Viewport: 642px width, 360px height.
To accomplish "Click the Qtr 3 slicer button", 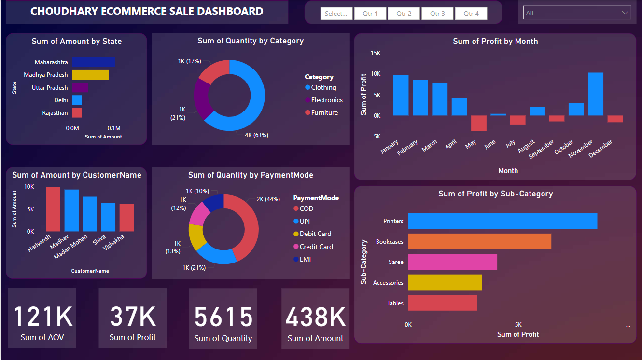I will pyautogui.click(x=437, y=14).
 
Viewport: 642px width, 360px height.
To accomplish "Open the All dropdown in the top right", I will pyautogui.click(x=577, y=13).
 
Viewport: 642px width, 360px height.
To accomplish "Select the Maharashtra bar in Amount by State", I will pyautogui.click(x=93, y=62).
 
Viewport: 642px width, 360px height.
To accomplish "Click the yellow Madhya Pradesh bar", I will pyautogui.click(x=90, y=75).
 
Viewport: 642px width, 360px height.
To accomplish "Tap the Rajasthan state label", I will pyautogui.click(x=55, y=113).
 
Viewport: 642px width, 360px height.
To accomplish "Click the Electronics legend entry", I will pyautogui.click(x=327, y=100).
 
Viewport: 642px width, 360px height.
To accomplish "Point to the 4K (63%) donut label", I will pyautogui.click(x=256, y=135).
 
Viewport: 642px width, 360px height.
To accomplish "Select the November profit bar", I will pyautogui.click(x=595, y=94).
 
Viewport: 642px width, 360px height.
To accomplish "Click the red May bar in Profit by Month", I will pyautogui.click(x=478, y=123).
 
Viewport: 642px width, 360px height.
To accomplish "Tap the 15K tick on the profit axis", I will pyautogui.click(x=375, y=53).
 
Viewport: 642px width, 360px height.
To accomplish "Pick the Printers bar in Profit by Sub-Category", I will pyautogui.click(x=502, y=221).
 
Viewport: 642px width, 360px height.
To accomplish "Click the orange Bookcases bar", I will pyautogui.click(x=479, y=242).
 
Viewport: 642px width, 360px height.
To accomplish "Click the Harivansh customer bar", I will pyautogui.click(x=53, y=209).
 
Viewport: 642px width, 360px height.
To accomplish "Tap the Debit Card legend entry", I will pyautogui.click(x=315, y=234).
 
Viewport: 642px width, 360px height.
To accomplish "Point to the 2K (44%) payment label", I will pyautogui.click(x=268, y=199).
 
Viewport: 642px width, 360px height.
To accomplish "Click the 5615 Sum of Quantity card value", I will pyautogui.click(x=223, y=318).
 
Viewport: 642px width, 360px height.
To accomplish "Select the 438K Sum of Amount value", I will pyautogui.click(x=316, y=318).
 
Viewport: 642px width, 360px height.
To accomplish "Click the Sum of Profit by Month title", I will pyautogui.click(x=495, y=42).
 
